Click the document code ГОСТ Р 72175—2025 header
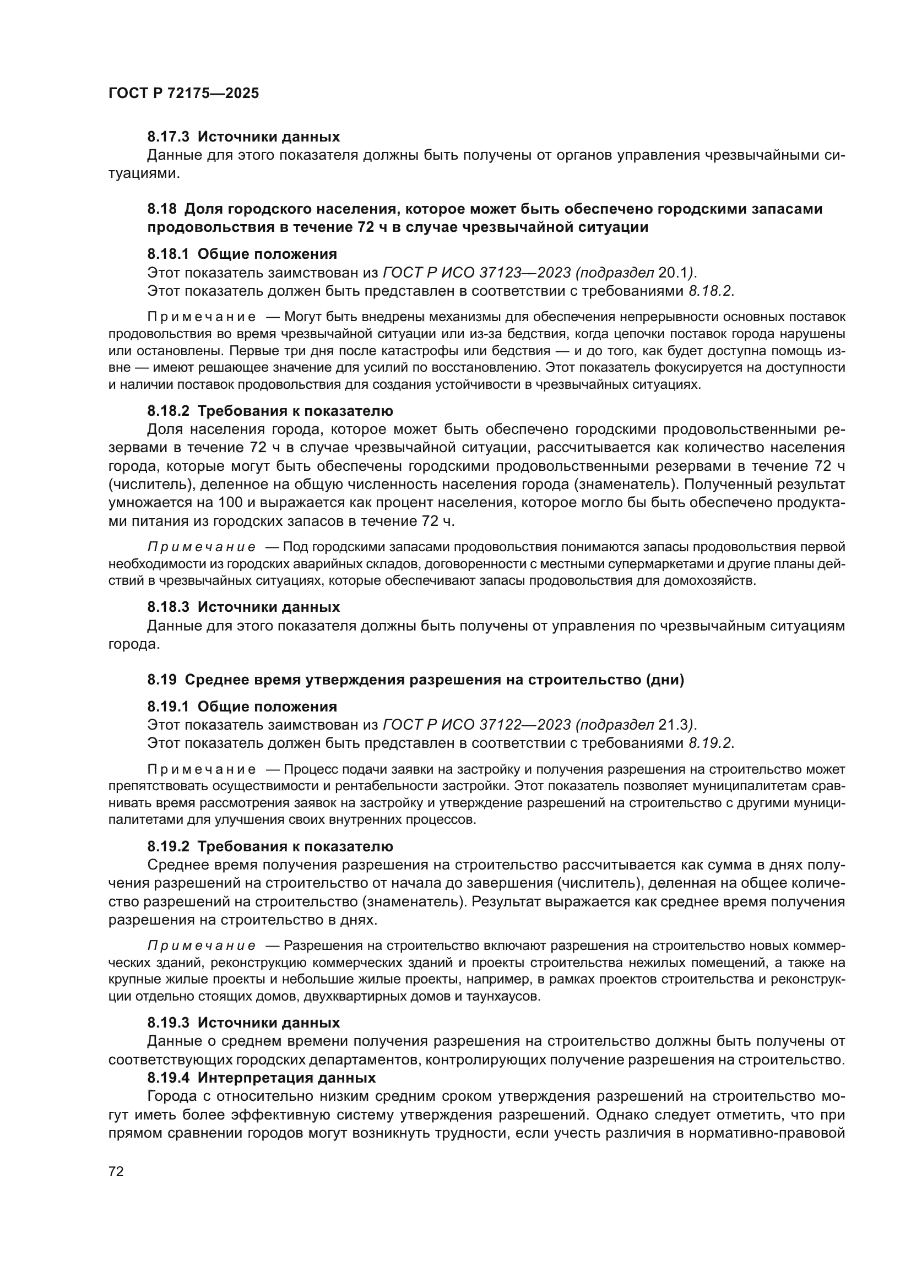pyautogui.click(x=183, y=94)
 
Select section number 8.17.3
pyautogui.click(x=169, y=137)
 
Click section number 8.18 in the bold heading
pyautogui.click(x=162, y=209)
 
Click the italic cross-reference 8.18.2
pyautogui.click(x=709, y=291)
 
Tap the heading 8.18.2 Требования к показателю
pyautogui.click(x=270, y=411)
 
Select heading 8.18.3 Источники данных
pyautogui.click(x=243, y=607)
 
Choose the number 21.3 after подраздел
pyautogui.click(x=674, y=725)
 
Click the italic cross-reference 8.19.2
pyautogui.click(x=709, y=743)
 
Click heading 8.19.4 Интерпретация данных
pyautogui.click(x=262, y=1078)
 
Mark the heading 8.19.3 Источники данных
pyautogui.click(x=243, y=1023)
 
